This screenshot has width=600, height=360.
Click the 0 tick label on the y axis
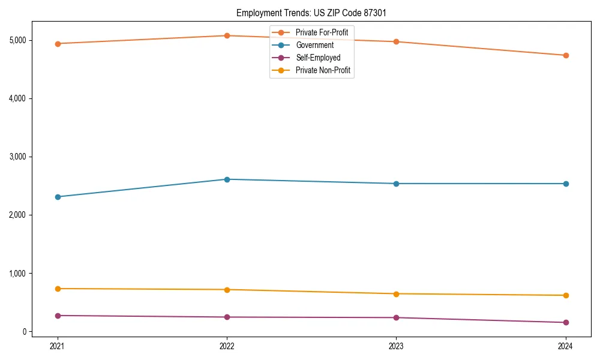click(24, 332)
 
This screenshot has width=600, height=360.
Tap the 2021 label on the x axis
click(58, 346)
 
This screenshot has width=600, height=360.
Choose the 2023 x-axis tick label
click(396, 346)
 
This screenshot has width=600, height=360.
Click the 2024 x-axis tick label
click(565, 346)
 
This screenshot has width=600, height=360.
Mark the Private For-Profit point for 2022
click(227, 35)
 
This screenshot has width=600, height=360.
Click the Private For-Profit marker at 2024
click(565, 55)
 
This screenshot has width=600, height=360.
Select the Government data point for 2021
click(58, 197)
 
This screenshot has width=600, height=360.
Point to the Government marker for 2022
click(227, 179)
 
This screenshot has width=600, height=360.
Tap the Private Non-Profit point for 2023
click(396, 294)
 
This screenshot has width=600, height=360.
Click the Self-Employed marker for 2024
click(565, 323)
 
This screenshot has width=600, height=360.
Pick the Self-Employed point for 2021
click(58, 316)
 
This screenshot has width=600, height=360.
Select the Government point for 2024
click(565, 184)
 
